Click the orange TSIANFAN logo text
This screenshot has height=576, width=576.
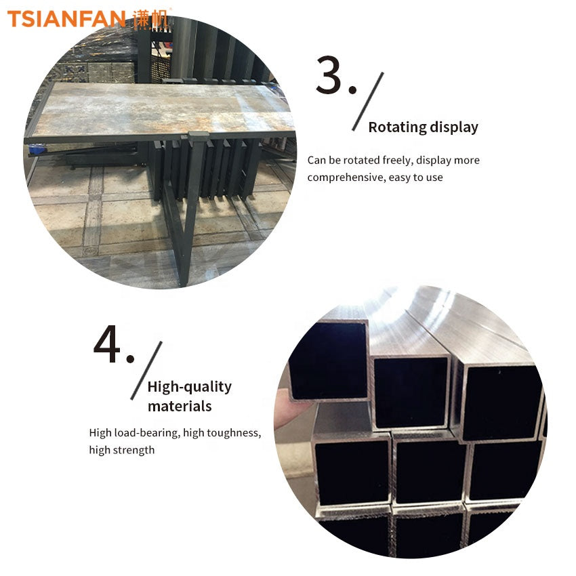pos(66,19)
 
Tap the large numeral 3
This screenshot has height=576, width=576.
pos(329,75)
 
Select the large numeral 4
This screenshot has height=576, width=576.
pos(107,344)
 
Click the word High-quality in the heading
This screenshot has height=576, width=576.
pos(190,387)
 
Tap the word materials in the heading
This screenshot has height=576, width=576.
pos(180,407)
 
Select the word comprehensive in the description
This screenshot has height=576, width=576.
pos(346,178)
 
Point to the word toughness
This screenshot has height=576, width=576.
pos(234,433)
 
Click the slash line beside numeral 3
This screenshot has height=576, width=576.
pos(368,102)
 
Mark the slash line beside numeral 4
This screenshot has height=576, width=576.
pos(146,371)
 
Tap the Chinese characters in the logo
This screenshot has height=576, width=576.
pos(150,19)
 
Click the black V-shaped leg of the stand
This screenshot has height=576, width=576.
pos(184,220)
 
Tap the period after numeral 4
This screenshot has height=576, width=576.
pos(130,358)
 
